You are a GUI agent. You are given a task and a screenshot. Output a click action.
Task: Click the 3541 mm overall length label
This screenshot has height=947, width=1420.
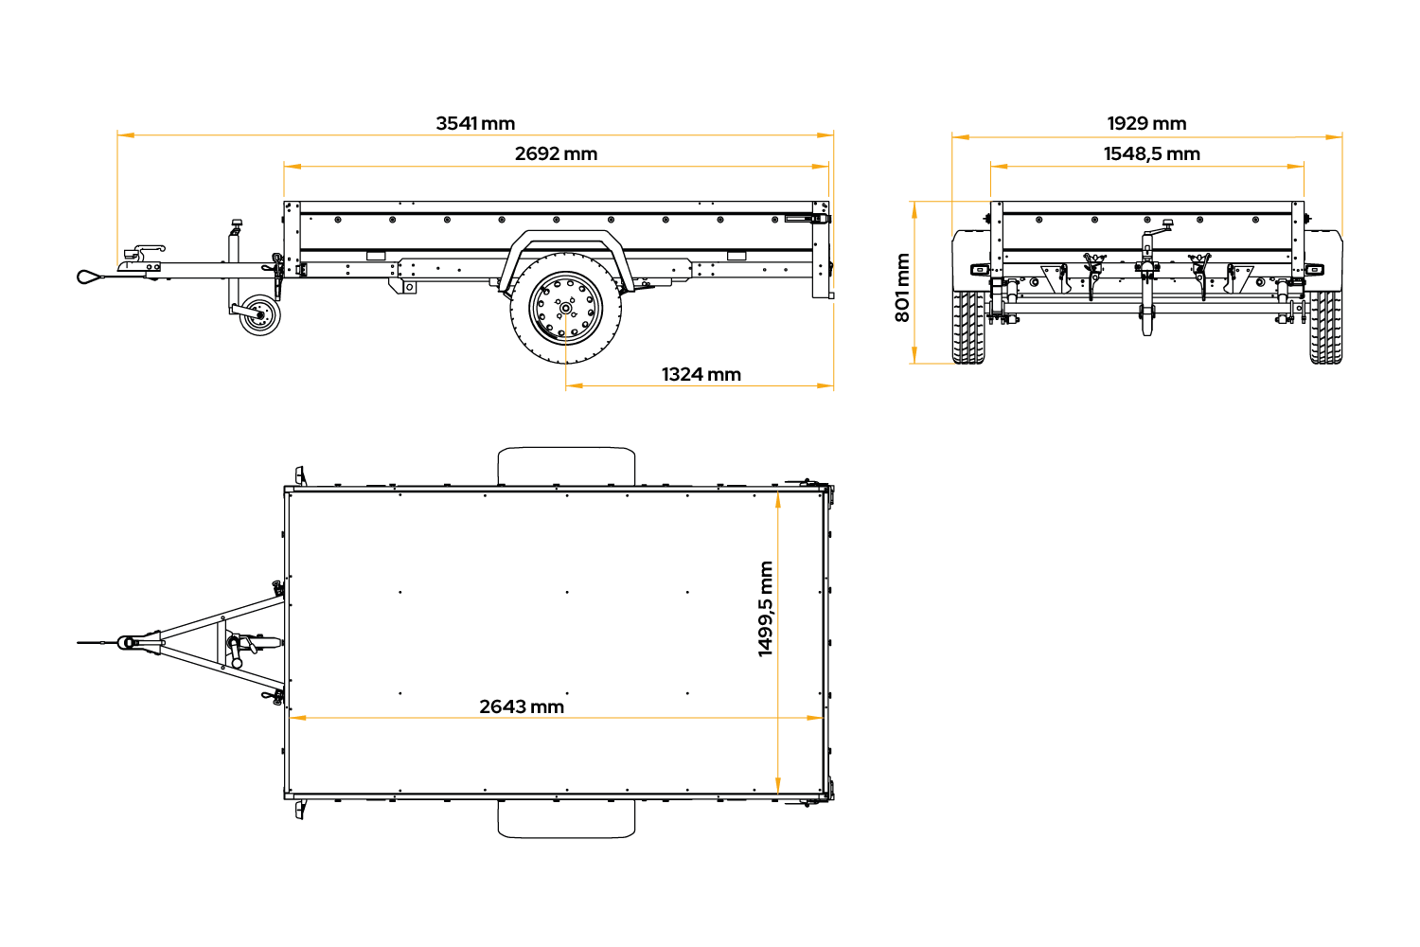point(475,123)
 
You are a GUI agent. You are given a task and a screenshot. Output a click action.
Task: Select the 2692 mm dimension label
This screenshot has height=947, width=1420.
point(556,153)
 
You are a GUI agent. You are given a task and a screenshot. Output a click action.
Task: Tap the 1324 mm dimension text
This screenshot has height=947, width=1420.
point(701,374)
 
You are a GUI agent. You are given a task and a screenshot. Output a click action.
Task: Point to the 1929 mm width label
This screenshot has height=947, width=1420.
point(1146,123)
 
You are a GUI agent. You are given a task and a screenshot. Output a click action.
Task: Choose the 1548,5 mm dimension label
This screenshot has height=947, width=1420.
point(1152,153)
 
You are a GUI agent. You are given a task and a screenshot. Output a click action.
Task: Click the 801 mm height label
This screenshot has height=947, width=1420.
point(903,287)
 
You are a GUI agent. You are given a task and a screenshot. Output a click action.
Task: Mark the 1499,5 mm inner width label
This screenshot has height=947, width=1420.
point(766,608)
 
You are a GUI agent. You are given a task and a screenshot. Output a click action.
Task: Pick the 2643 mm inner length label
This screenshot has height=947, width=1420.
point(521,706)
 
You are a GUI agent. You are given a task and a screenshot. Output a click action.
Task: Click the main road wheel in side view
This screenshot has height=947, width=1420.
point(565,309)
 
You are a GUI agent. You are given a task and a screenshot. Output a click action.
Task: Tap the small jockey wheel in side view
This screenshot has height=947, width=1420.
point(260,314)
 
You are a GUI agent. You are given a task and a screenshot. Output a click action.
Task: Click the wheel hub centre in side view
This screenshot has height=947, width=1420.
point(565,309)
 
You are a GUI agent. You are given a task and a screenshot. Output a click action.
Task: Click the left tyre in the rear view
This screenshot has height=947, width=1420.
point(968,328)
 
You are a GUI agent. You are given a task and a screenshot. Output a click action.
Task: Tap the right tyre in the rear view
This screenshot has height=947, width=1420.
point(1326,328)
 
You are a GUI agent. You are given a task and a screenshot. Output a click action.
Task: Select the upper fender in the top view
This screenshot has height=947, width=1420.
point(566,467)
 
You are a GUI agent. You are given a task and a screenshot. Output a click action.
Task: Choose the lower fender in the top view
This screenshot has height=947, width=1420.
point(566,819)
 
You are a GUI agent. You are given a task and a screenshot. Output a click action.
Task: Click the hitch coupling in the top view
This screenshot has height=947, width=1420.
point(129,642)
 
